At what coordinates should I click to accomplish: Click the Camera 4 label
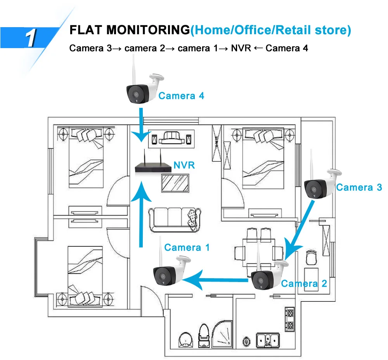click(x=181, y=95)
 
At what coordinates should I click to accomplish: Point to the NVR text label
click(x=184, y=166)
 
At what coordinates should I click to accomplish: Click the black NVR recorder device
click(x=153, y=168)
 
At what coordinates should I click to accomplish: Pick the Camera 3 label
click(x=359, y=187)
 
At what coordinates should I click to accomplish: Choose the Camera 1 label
click(x=187, y=247)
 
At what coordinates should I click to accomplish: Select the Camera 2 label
click(x=304, y=283)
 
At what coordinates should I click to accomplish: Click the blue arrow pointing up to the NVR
click(x=141, y=213)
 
